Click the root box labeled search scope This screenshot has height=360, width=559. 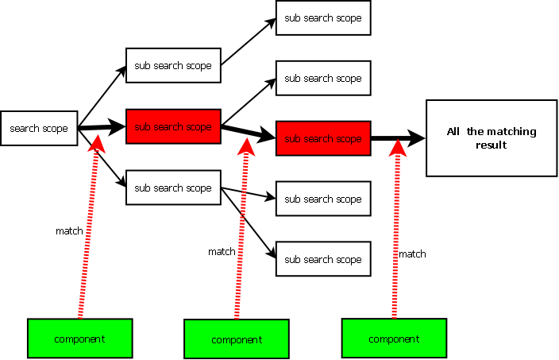[39, 128]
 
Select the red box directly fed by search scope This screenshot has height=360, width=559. [172, 126]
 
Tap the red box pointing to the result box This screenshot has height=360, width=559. [323, 138]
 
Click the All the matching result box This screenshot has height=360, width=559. [491, 138]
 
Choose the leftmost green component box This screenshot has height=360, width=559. [79, 339]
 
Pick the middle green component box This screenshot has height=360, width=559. [237, 339]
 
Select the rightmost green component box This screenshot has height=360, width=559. [394, 339]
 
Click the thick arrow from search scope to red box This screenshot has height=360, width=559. [102, 127]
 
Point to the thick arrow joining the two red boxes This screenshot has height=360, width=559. [248, 132]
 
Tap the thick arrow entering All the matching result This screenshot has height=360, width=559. [397, 138]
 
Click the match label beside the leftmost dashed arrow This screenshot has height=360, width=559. [69, 230]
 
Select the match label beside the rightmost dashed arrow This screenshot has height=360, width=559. [412, 254]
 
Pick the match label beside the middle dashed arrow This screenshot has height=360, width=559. [222, 252]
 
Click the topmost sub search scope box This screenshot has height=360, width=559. [323, 17]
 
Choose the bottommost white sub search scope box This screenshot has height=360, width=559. [323, 259]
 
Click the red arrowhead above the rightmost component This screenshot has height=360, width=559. [398, 146]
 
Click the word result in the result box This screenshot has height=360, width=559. [491, 145]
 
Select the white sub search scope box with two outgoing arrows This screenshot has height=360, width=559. [172, 188]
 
